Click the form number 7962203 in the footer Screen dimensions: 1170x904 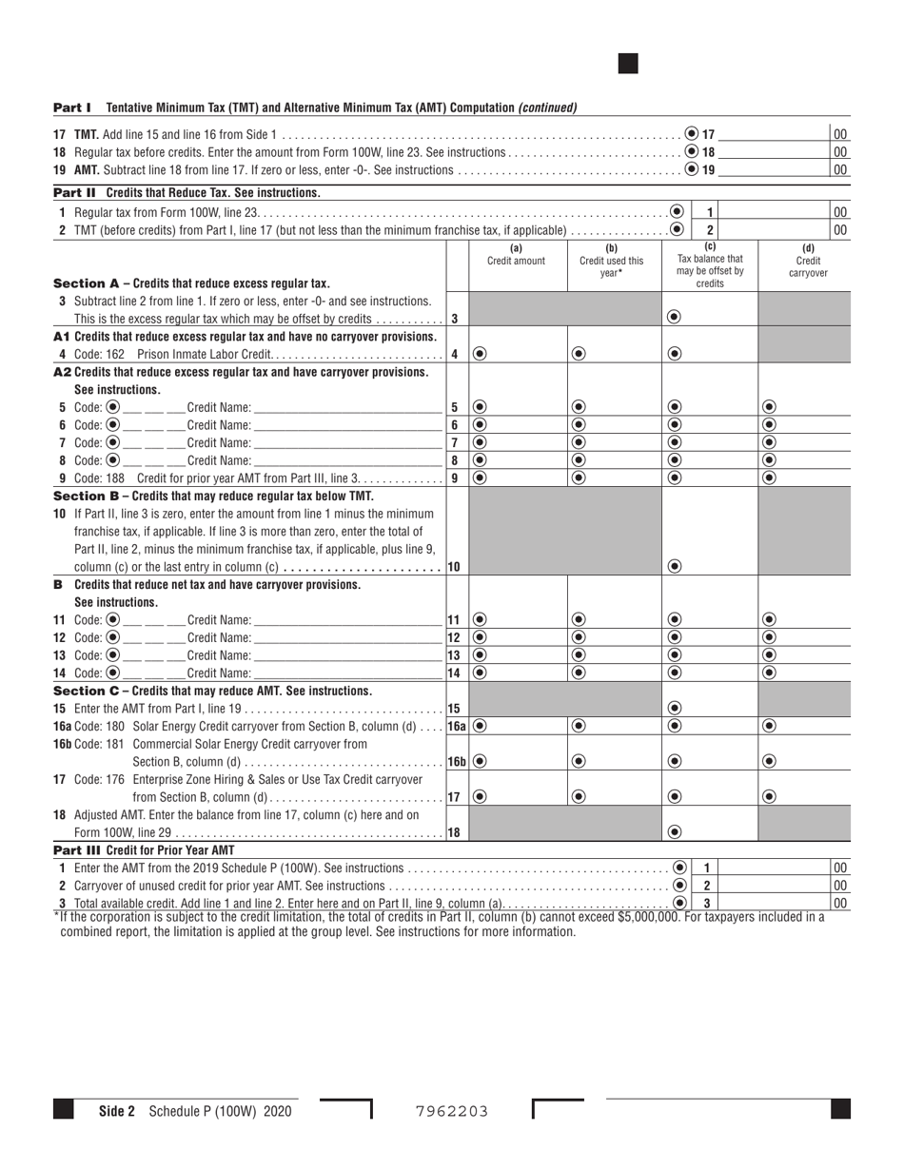tap(452, 1111)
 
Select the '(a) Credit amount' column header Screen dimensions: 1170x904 tap(517, 255)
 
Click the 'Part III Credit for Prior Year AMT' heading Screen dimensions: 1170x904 tap(144, 850)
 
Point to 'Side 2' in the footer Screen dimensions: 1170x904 tap(117, 1111)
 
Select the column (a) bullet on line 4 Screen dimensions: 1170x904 tap(480, 354)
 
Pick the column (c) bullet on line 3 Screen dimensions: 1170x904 tap(675, 318)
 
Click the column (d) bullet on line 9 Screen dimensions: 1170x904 tap(770, 478)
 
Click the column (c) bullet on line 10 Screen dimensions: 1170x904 tap(675, 567)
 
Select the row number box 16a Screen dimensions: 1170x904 tap(457, 726)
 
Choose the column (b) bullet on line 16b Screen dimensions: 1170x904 tap(579, 761)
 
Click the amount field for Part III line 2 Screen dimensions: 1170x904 tap(776, 886)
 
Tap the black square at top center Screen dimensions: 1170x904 tap(628, 64)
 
